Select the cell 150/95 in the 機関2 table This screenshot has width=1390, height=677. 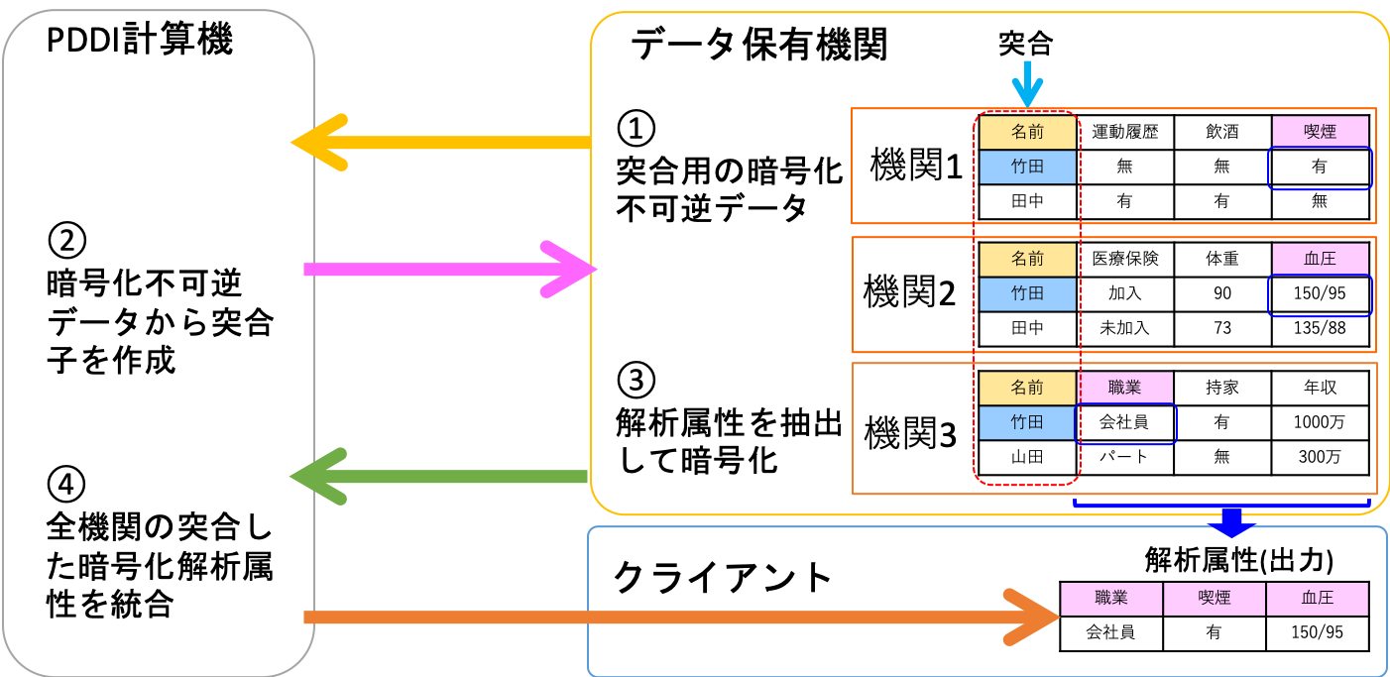point(1320,294)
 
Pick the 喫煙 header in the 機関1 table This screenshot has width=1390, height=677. point(1320,132)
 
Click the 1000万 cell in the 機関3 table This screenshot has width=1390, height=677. point(1320,422)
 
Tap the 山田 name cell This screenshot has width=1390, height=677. point(1027,457)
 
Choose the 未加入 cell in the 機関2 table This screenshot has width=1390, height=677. point(1124,328)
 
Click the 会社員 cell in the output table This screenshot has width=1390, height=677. point(1109,632)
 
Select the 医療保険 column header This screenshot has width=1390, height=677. point(1124,260)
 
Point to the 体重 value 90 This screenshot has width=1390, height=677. point(1221,294)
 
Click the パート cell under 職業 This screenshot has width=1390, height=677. point(1124,457)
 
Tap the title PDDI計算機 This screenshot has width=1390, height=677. point(139,42)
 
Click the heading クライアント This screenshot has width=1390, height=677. point(723,577)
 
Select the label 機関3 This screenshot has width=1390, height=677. point(911,433)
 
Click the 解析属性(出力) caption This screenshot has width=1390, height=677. point(1238,560)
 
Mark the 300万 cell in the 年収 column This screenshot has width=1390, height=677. point(1320,457)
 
